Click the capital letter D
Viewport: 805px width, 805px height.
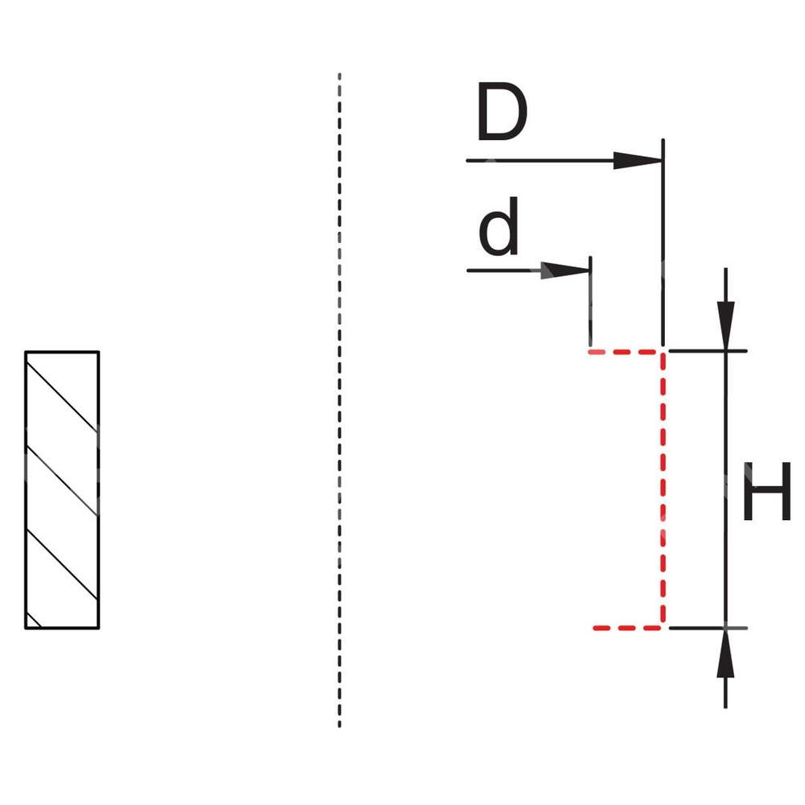[x=501, y=113]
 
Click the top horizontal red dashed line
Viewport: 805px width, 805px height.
[x=625, y=352]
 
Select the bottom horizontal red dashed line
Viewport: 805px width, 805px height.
[x=627, y=627]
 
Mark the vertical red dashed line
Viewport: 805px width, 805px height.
[x=663, y=489]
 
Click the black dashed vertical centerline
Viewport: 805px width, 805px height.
[x=340, y=402]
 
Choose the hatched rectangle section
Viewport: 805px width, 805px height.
[x=62, y=489]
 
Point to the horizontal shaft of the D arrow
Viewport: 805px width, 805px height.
[x=539, y=161]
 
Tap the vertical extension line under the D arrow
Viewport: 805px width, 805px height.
[x=663, y=242]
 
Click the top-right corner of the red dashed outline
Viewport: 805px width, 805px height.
[x=663, y=352]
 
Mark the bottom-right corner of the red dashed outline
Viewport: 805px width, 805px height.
[x=663, y=626]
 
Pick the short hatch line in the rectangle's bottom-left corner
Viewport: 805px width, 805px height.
[x=34, y=619]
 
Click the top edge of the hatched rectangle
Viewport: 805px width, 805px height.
[x=62, y=352]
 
